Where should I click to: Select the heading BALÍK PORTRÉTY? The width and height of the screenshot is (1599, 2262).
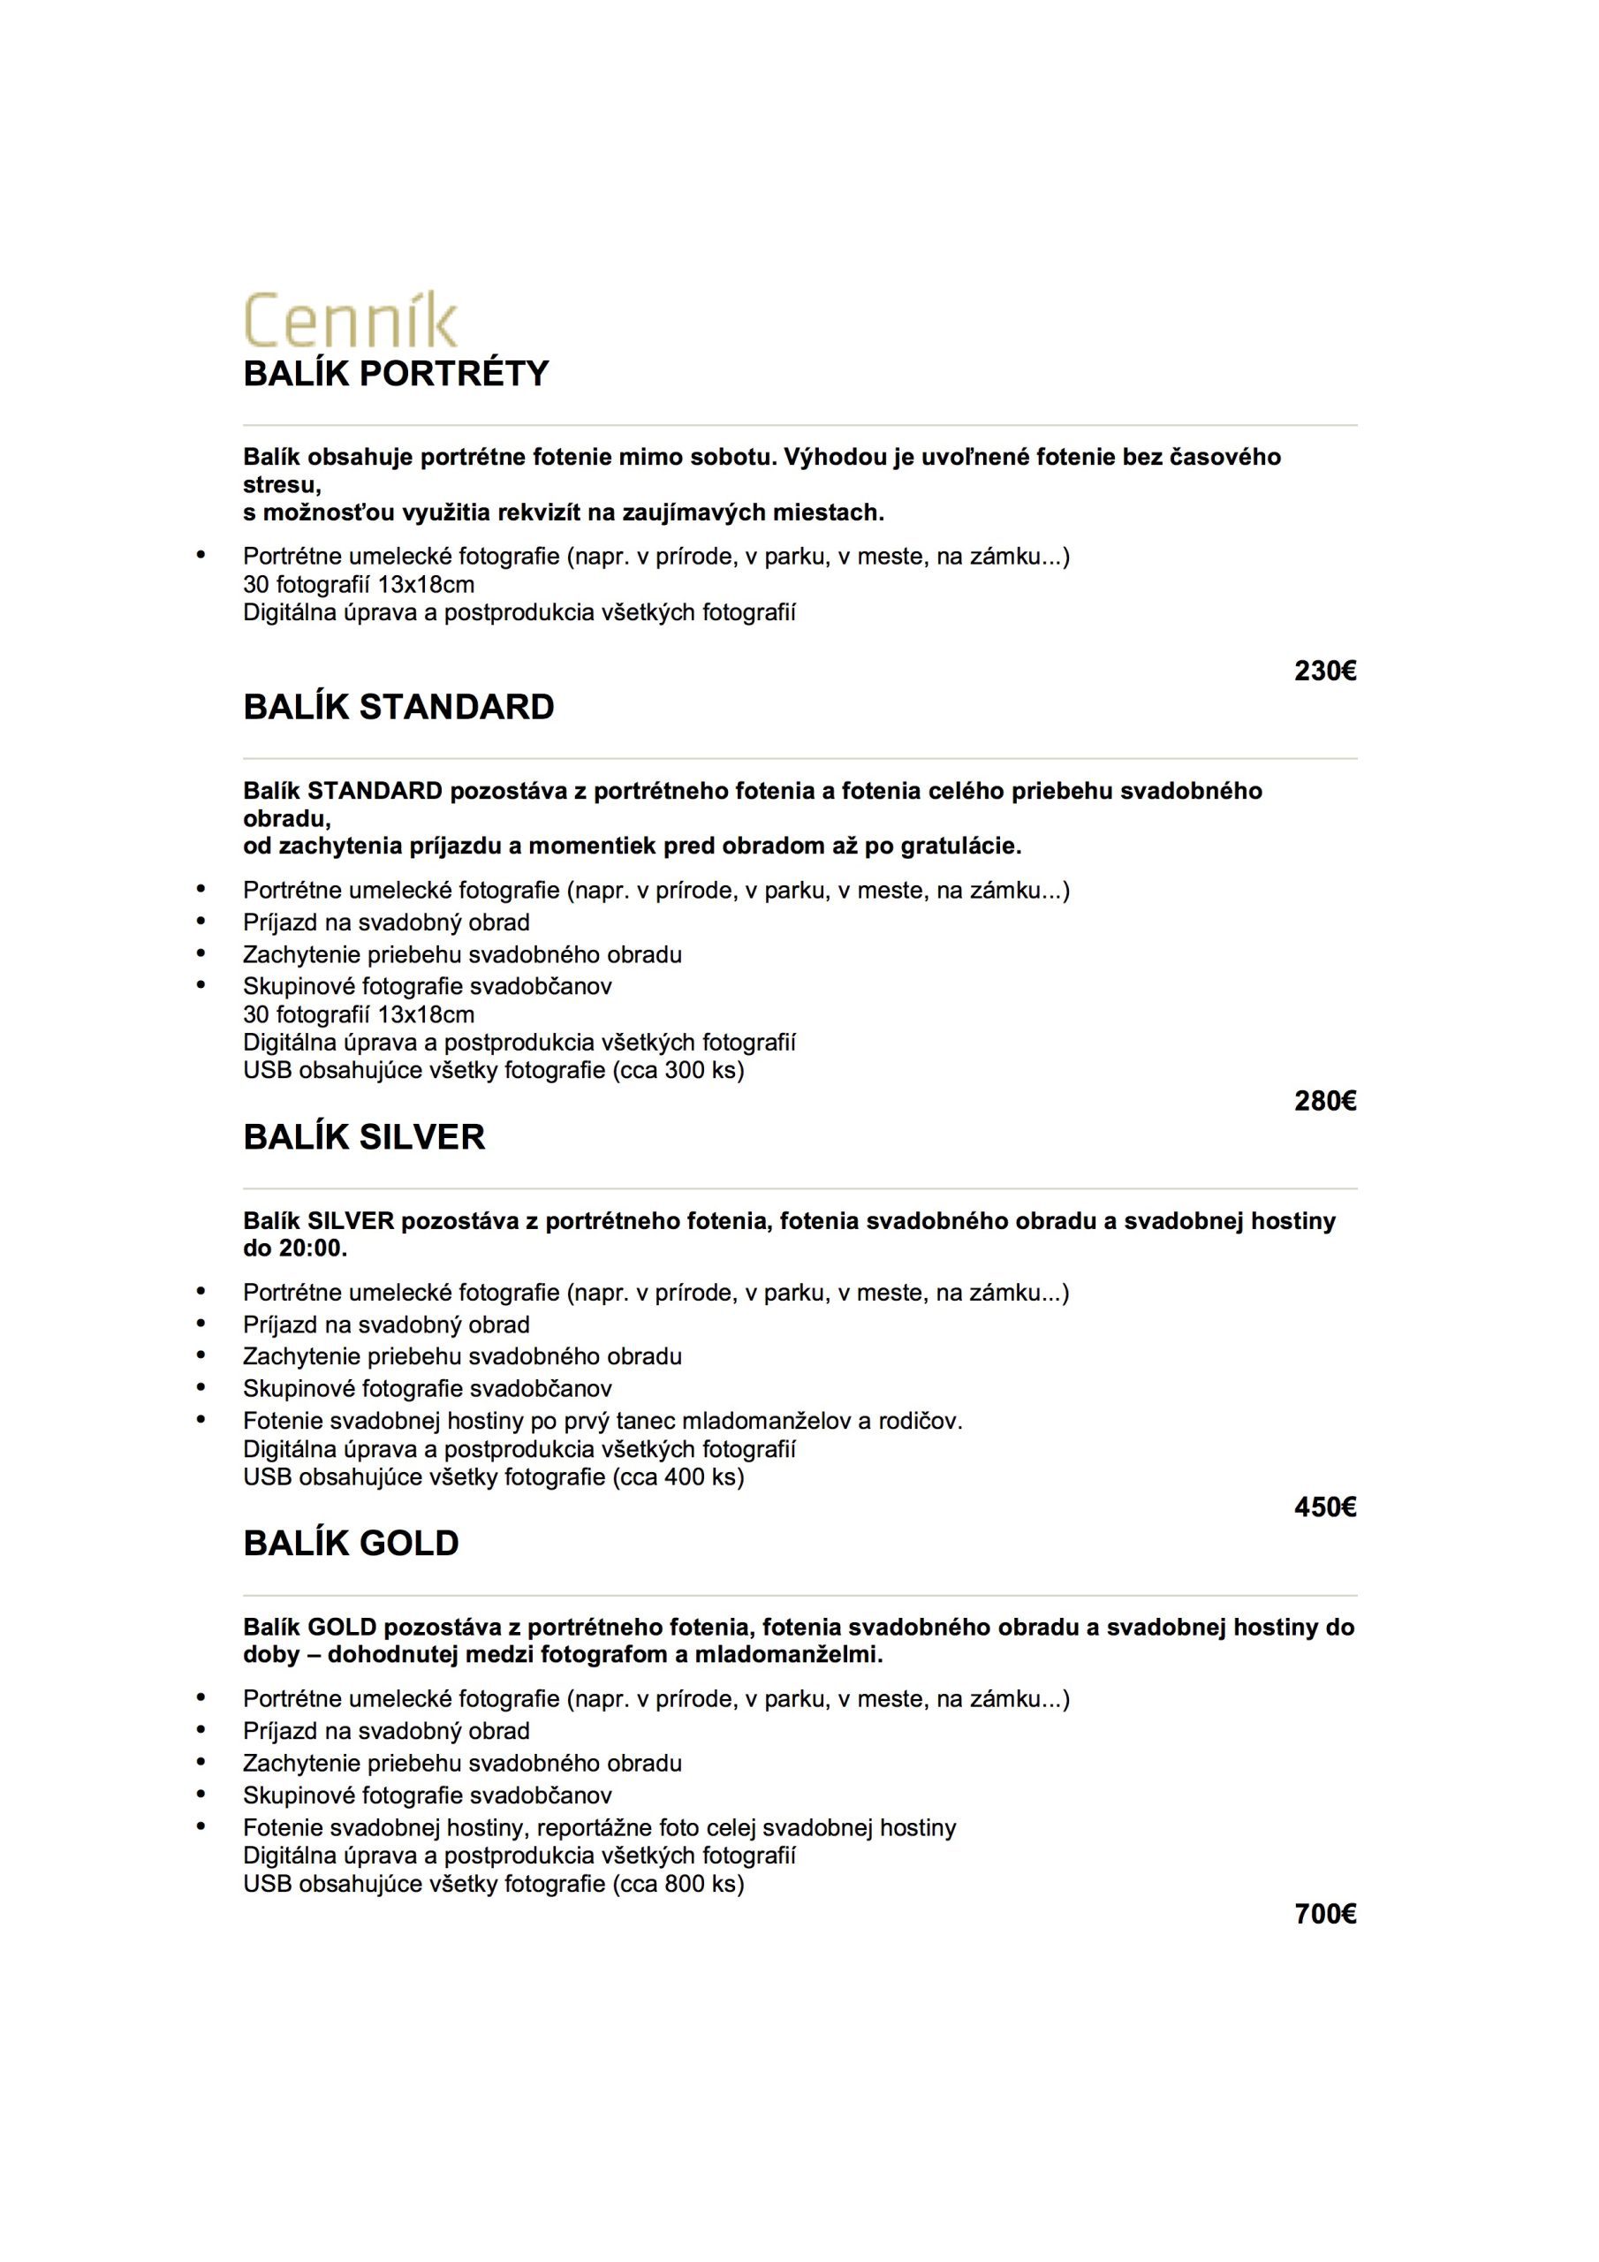point(395,375)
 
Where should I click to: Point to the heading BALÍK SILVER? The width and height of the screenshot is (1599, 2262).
point(364,1137)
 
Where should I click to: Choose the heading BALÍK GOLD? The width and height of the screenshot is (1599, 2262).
point(351,1543)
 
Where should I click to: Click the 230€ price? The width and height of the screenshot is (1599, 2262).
point(1325,671)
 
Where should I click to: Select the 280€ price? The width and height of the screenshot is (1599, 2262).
point(1325,1102)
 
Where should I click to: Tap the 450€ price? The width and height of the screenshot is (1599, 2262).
point(1325,1507)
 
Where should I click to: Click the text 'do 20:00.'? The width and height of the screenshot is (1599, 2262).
point(296,1249)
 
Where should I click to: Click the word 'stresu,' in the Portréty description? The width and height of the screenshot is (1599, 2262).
point(282,485)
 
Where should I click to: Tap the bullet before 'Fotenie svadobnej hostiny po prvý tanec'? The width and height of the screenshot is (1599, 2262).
point(202,1420)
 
